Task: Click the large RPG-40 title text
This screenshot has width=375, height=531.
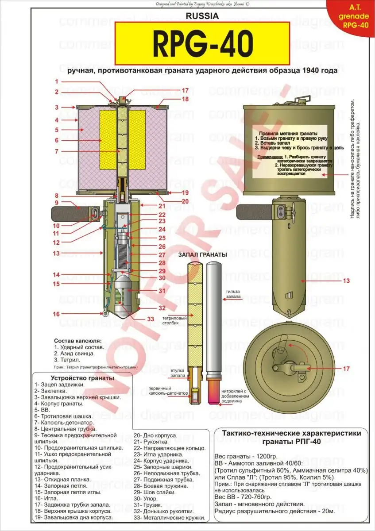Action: (202, 43)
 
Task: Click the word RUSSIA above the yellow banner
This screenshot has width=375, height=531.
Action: (203, 16)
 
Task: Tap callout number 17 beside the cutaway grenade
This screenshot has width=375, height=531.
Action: (186, 90)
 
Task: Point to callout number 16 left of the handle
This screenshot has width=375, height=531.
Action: (57, 314)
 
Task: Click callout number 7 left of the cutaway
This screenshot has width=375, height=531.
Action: (57, 151)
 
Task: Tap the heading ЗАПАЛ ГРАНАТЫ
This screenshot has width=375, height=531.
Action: (203, 255)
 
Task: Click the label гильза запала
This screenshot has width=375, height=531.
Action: (235, 294)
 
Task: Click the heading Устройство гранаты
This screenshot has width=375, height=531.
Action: (82, 378)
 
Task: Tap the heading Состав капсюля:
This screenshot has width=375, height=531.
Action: (77, 341)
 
